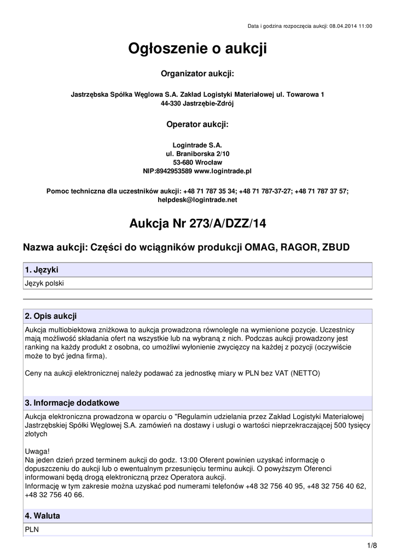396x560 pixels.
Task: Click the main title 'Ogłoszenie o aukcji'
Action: [x=197, y=50]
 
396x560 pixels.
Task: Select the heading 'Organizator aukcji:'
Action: [x=197, y=74]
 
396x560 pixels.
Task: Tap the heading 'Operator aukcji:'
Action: [x=197, y=124]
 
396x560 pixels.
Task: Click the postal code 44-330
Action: [x=171, y=103]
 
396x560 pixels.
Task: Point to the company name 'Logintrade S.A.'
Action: [x=197, y=145]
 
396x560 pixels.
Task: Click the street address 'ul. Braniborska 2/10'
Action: [x=197, y=154]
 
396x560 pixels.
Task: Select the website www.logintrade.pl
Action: [x=223, y=171]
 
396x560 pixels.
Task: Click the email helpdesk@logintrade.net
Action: [x=197, y=200]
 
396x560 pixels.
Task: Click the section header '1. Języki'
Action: [x=42, y=270]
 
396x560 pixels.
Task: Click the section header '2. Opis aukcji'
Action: [x=51, y=316]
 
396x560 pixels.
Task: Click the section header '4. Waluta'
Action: [x=43, y=516]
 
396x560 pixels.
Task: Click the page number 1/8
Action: [x=372, y=546]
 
